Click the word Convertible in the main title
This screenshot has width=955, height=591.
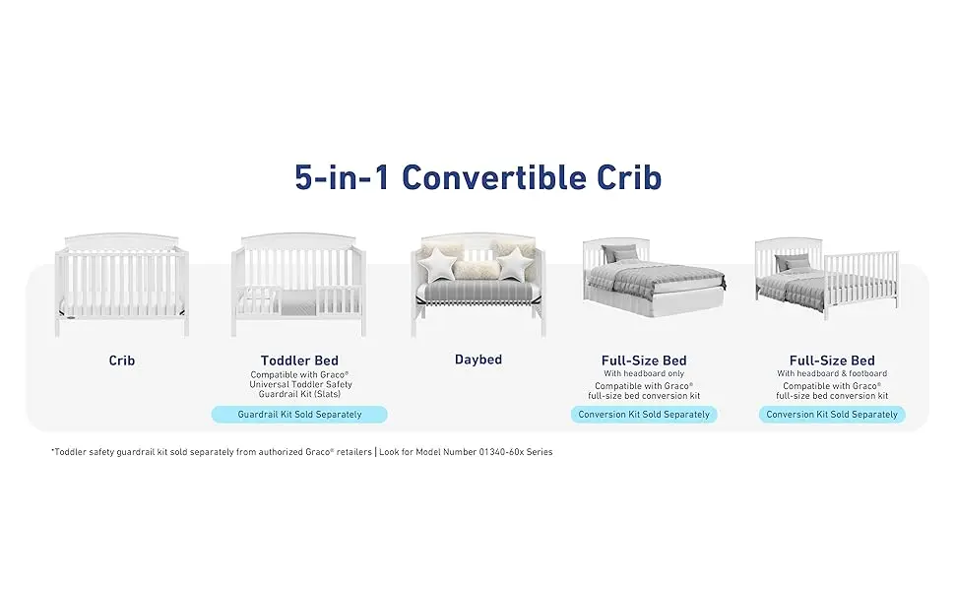tap(494, 177)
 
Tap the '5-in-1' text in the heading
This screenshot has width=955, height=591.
tap(342, 177)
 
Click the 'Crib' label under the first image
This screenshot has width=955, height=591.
tap(122, 361)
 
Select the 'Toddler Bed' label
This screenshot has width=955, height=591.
tap(299, 361)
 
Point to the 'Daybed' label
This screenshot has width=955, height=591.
tap(478, 360)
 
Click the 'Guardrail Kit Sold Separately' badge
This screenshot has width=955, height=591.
tap(299, 415)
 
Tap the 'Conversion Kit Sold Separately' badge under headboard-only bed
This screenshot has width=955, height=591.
tap(644, 415)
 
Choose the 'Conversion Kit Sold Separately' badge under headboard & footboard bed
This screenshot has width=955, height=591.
tap(832, 415)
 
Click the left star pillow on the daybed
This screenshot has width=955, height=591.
tap(441, 264)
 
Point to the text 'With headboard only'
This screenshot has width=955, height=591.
tap(644, 373)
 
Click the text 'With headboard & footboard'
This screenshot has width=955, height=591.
tap(832, 373)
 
